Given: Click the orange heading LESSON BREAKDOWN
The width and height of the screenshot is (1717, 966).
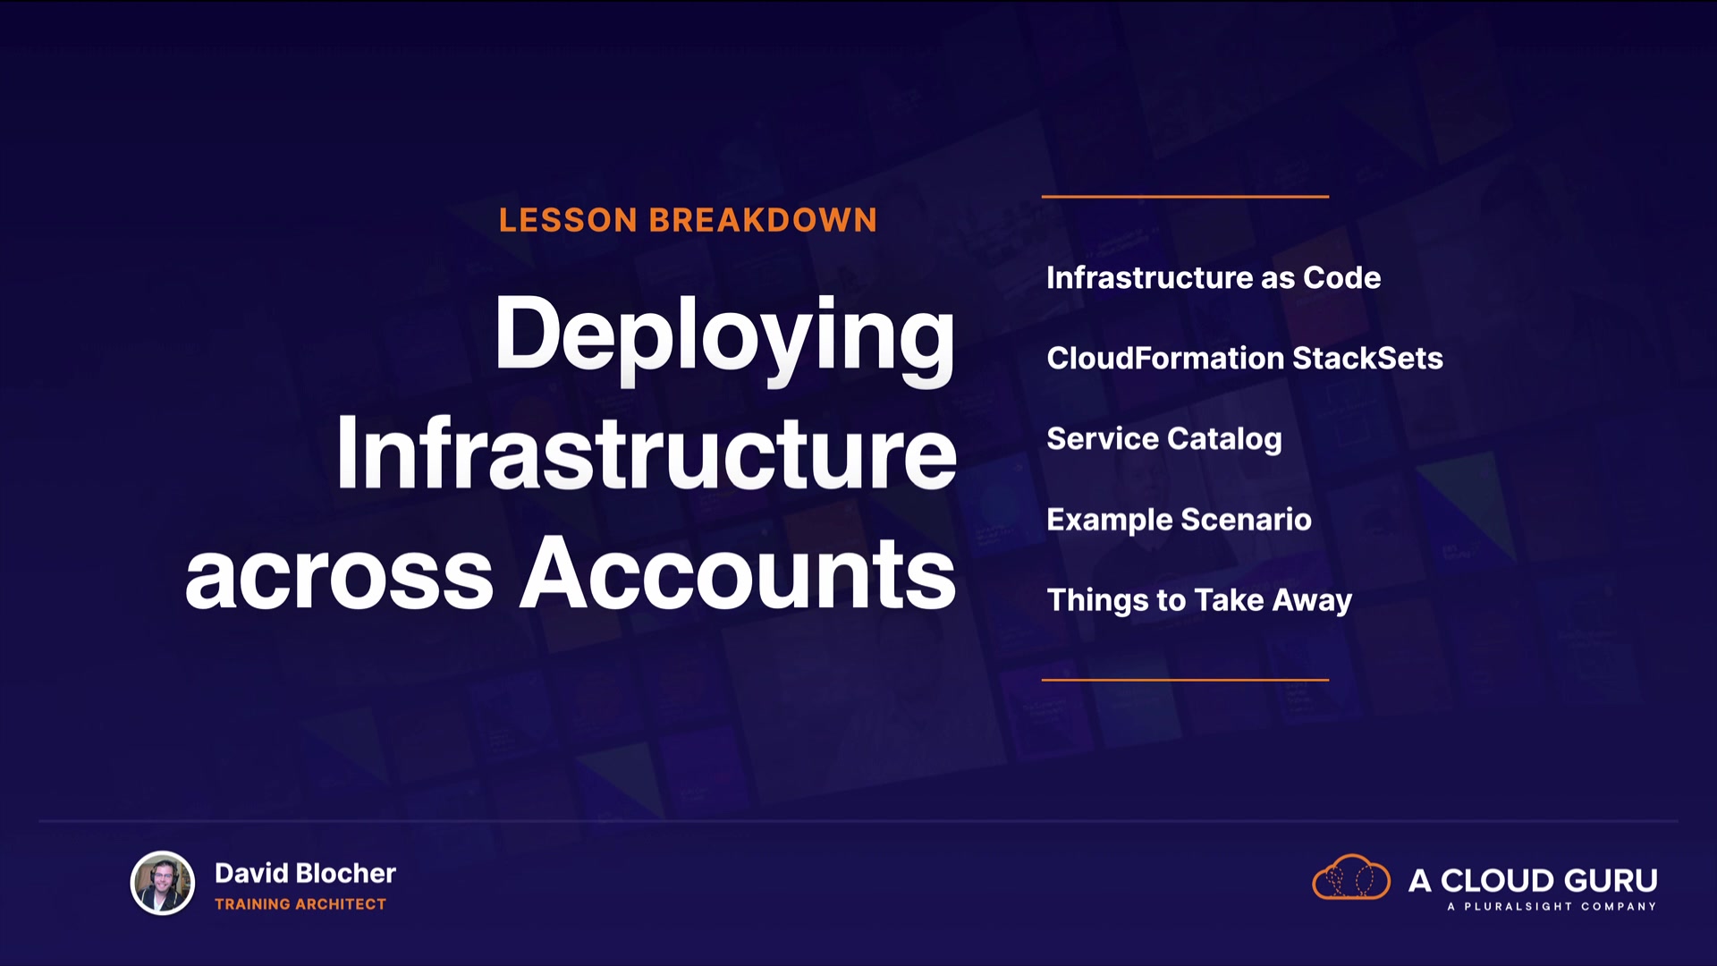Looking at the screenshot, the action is coord(688,220).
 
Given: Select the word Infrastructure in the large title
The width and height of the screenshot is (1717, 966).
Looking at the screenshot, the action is coord(647,453).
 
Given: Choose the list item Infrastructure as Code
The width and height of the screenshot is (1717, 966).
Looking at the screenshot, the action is coord(1214,278).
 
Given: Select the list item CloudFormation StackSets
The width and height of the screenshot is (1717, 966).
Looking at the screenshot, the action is coord(1245,359).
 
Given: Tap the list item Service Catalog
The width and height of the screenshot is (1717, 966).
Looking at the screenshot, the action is coord(1164,439).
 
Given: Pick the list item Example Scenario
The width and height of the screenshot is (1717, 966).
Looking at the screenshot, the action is coord(1179,520).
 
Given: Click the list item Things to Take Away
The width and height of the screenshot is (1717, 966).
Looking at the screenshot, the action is coord(1199,600).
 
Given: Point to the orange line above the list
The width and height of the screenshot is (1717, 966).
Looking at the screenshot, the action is coord(1185,196).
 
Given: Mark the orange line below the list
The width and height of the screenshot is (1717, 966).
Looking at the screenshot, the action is coord(1185,680).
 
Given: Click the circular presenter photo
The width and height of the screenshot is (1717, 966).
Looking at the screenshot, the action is coord(163,883).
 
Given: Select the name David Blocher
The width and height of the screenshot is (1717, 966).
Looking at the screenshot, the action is coord(305,873).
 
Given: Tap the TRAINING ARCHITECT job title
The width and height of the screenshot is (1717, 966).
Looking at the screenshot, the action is coord(300,904).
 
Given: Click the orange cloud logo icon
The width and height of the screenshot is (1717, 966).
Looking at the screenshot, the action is coord(1351,877).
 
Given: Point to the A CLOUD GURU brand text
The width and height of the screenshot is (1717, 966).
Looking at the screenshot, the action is coord(1533,880).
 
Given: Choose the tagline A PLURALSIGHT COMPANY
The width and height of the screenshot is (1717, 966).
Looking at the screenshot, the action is coord(1552,906).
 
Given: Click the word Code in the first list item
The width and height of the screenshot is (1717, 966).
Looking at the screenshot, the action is coord(1342,278).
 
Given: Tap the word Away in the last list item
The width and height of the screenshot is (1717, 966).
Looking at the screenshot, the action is coord(1313,601).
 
